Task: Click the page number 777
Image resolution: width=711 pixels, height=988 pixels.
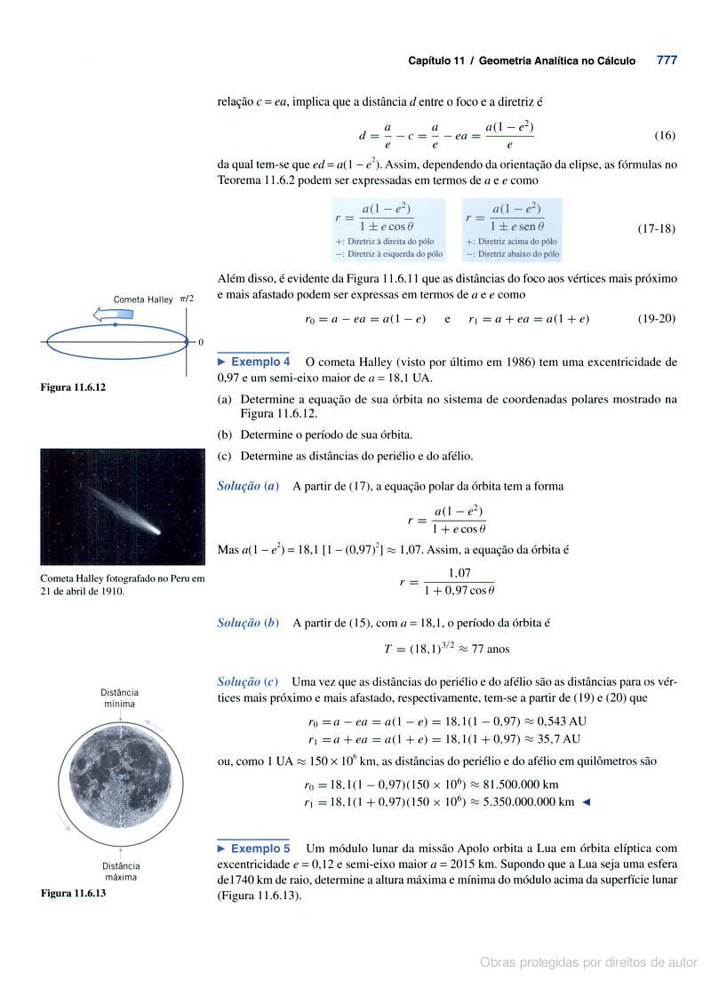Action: click(667, 60)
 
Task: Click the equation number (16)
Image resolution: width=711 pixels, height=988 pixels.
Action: click(665, 136)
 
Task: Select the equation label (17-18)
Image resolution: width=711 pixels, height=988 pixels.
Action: click(657, 228)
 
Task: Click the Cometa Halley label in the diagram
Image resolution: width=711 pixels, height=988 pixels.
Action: click(142, 299)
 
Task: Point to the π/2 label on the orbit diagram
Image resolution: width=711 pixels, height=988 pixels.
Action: click(187, 299)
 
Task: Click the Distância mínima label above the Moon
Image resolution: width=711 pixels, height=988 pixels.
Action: click(119, 697)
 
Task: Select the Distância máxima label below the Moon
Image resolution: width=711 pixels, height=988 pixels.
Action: click(120, 871)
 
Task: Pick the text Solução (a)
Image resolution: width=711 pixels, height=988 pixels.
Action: click(248, 486)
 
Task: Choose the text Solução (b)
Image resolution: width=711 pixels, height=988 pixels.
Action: click(248, 623)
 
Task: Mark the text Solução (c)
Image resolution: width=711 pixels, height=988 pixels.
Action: click(248, 681)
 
